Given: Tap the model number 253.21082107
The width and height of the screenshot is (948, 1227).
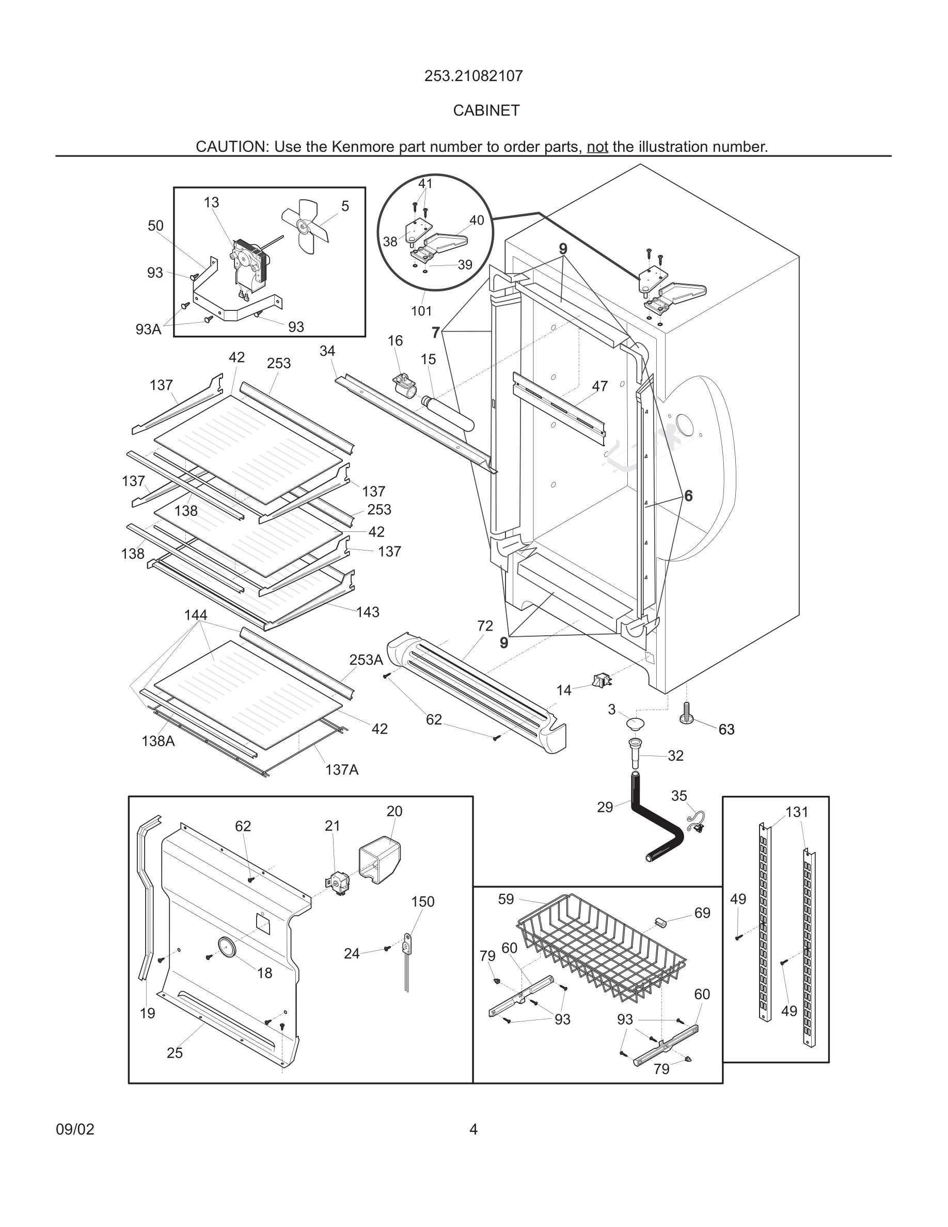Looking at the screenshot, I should click(473, 76).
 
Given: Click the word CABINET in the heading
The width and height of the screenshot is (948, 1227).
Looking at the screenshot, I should click(486, 111).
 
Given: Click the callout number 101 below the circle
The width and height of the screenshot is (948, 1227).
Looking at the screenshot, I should click(421, 311).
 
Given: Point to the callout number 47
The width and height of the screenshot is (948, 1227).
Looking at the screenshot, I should click(599, 386).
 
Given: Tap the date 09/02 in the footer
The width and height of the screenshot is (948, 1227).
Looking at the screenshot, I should click(75, 1129).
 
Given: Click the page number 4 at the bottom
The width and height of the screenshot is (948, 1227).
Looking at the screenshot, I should click(473, 1129).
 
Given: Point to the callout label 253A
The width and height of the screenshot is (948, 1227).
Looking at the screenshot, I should click(366, 659).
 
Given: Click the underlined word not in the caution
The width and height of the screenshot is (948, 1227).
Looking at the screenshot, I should click(597, 147).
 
